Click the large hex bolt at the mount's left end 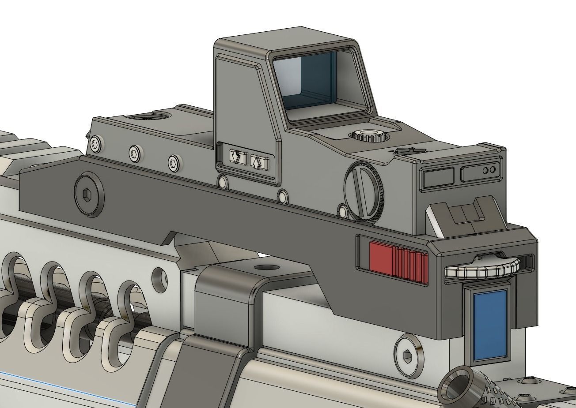coord(89,195)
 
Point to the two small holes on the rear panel coord(489,170)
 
